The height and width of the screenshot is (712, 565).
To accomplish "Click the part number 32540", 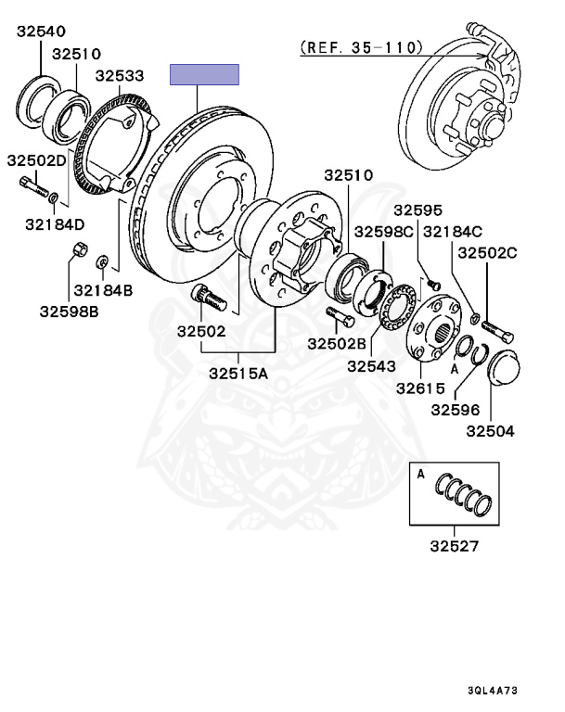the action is tap(42, 32).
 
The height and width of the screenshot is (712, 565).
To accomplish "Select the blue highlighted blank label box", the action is tap(204, 74).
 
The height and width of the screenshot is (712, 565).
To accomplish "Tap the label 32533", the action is tap(120, 75).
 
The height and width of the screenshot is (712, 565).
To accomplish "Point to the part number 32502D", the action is tap(37, 160).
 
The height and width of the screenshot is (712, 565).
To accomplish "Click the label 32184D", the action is tap(55, 224).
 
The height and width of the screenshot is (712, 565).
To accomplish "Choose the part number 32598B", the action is tap(69, 311).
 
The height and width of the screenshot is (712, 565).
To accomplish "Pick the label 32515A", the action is tap(238, 374).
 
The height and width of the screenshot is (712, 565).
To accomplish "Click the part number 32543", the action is tap(371, 366).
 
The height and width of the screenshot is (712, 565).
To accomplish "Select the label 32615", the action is tap(420, 388).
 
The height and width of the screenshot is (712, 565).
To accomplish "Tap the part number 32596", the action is tap(456, 410).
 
